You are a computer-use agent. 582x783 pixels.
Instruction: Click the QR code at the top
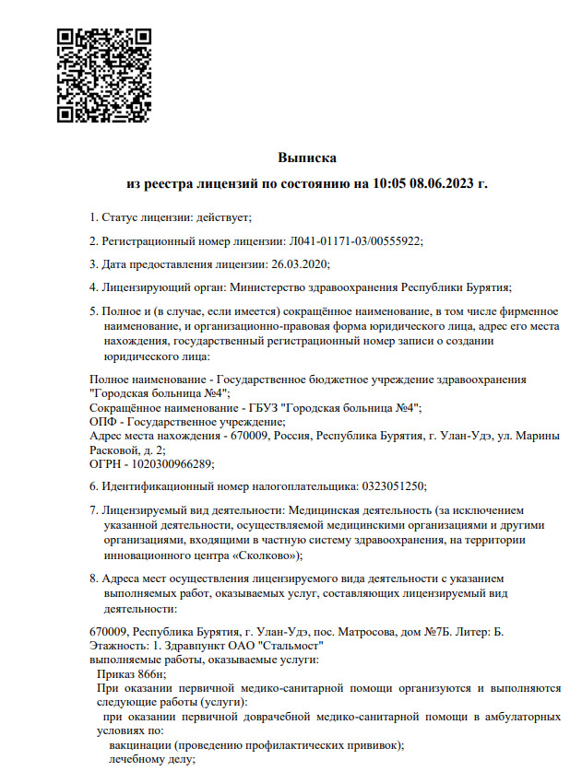click(x=103, y=76)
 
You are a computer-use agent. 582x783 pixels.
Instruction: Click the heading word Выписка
click(x=307, y=158)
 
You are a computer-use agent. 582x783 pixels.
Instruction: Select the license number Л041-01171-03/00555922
click(x=355, y=240)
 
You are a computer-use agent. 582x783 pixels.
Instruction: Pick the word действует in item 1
click(x=222, y=217)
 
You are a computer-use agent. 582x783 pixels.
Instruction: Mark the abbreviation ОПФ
click(x=103, y=422)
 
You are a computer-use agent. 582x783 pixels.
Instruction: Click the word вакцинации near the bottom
click(x=141, y=745)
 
